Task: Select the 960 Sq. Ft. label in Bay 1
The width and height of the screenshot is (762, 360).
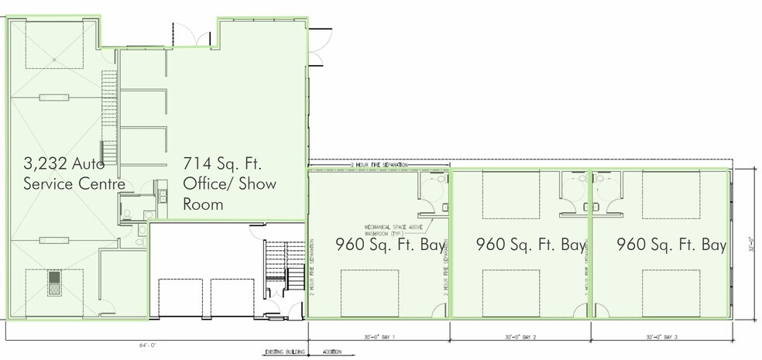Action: click(390, 245)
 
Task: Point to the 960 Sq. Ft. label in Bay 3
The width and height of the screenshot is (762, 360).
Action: click(671, 245)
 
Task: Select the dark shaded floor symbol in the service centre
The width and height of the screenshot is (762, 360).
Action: click(55, 283)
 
